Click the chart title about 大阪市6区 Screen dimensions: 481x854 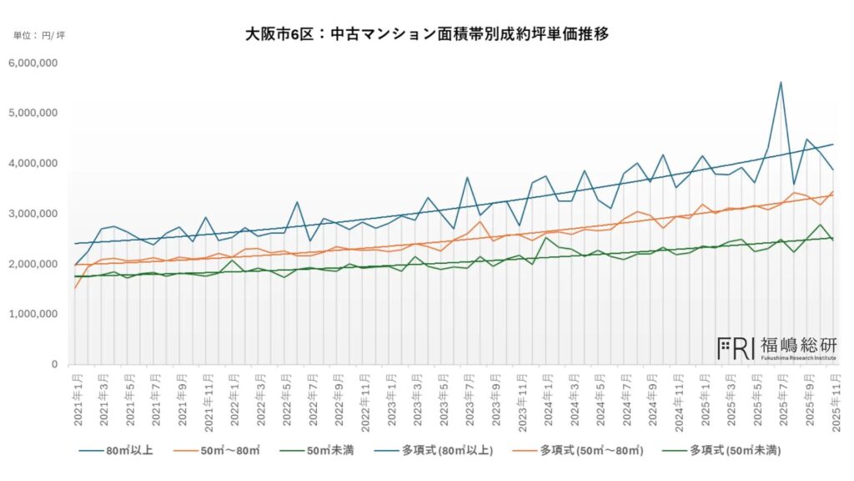click(426, 34)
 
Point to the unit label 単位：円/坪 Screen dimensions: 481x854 click(39, 36)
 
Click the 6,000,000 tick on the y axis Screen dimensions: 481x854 click(33, 63)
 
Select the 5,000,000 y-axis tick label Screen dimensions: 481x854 click(33, 113)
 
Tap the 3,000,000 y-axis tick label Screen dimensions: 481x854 click(33, 214)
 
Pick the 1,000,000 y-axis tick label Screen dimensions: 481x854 click(33, 315)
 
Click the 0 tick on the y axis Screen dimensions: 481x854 click(53, 365)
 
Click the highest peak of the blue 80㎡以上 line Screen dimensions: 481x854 click(781, 82)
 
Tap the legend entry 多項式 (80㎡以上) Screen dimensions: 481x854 click(450, 451)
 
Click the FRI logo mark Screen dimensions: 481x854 click(736, 347)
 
